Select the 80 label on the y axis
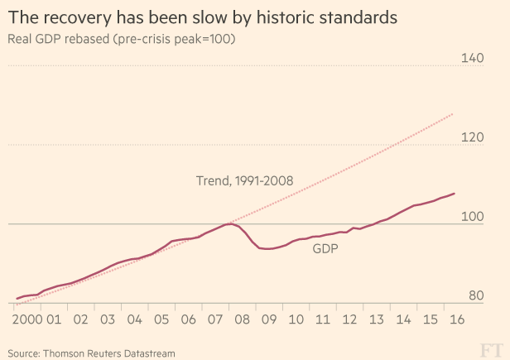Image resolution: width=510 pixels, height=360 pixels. click(x=476, y=295)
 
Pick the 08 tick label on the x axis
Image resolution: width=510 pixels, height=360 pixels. click(x=242, y=319)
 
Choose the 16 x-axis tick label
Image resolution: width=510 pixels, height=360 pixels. click(x=455, y=319)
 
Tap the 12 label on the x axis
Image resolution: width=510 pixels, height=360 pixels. click(x=349, y=319)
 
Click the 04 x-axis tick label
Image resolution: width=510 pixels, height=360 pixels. click(x=135, y=319)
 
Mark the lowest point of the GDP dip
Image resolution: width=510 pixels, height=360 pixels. click(x=268, y=248)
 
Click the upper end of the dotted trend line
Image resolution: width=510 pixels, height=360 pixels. click(x=453, y=113)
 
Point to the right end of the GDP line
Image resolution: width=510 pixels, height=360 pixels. click(x=455, y=194)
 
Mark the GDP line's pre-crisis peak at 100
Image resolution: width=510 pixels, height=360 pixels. click(x=230, y=223)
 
